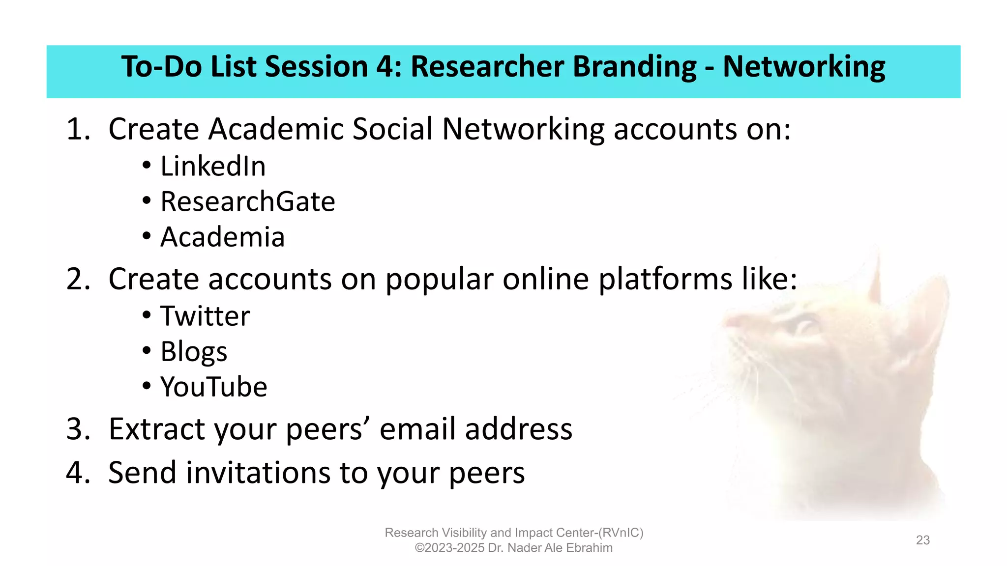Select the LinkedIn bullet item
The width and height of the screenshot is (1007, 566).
[x=212, y=166]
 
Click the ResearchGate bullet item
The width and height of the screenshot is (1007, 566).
[x=247, y=201]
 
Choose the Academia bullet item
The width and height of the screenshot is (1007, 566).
[x=222, y=237]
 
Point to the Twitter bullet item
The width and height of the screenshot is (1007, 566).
[x=205, y=316]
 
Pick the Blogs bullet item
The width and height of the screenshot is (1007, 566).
[x=194, y=352]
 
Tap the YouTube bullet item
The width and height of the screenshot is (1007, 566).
[x=213, y=387]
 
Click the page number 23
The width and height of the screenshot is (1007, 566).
[x=922, y=540]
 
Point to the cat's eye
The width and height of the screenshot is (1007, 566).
[x=804, y=325]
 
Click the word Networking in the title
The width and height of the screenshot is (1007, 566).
[x=803, y=67]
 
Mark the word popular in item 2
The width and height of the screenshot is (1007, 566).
[x=439, y=279]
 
